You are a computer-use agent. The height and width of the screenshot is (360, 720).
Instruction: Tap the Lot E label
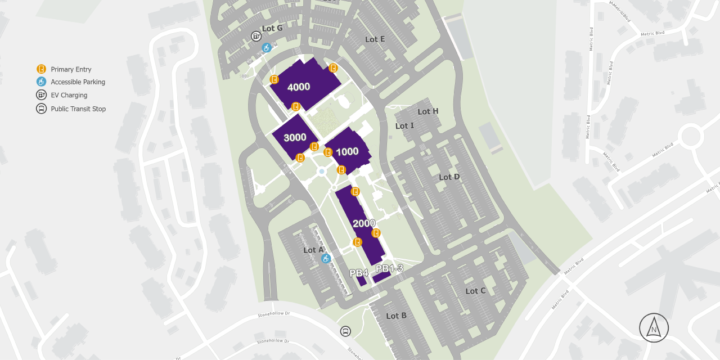375,39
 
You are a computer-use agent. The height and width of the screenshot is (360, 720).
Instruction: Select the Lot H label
428,111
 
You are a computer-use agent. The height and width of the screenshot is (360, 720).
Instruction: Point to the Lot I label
404,126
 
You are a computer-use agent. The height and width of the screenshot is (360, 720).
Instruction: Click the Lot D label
449,177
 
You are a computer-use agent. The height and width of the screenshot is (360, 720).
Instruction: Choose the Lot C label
475,291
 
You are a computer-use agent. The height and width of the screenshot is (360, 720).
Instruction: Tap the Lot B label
396,316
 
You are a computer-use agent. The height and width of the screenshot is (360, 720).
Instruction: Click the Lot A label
313,250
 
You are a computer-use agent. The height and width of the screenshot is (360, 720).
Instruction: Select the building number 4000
299,87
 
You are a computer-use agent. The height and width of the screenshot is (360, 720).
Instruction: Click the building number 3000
295,138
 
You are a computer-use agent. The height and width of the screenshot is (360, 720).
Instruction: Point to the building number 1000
347,151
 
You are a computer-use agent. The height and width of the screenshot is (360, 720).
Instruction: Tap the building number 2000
364,223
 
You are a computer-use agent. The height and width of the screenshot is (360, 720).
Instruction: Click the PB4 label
359,273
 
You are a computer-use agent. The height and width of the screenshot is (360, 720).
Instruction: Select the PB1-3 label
389,268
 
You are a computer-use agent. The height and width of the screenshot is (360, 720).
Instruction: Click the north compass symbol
654,328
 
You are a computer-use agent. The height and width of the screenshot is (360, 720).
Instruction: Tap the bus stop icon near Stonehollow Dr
345,331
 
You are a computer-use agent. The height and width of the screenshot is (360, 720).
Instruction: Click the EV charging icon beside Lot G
256,36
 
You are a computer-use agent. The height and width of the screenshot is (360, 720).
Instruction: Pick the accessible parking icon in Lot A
325,258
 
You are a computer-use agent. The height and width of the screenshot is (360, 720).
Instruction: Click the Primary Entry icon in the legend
41,69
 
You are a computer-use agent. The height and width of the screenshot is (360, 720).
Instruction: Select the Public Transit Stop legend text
78,109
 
